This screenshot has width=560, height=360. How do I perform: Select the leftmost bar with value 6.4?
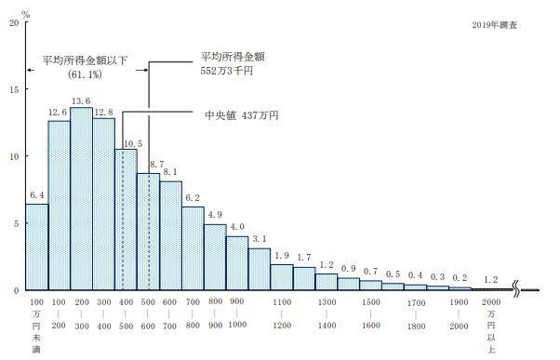(36, 247)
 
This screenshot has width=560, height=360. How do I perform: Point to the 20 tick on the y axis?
(13, 22)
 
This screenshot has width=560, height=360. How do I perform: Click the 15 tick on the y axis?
(13, 89)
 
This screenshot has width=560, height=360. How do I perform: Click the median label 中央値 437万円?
(241, 115)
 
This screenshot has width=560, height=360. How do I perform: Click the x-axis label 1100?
(283, 302)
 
